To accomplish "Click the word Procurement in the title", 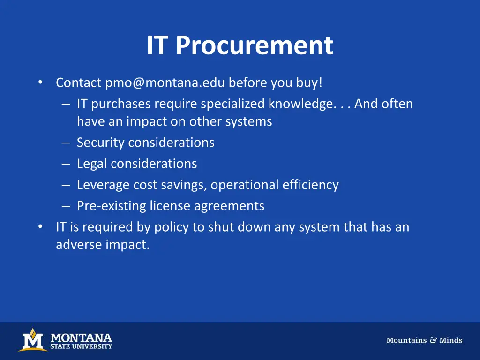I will tap(255, 45).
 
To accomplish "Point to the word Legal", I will tap(92, 164).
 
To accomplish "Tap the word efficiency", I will tap(310, 185).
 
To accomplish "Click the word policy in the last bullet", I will tap(171, 227).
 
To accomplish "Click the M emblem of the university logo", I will tap(33, 340).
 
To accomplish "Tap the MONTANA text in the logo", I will tap(81, 337).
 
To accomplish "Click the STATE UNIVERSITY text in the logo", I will tap(81, 346).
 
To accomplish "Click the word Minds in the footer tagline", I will tap(451, 340).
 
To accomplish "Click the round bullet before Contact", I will tap(41, 83).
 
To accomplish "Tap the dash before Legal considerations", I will tap(65, 164).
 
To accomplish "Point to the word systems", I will tap(248, 121).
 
